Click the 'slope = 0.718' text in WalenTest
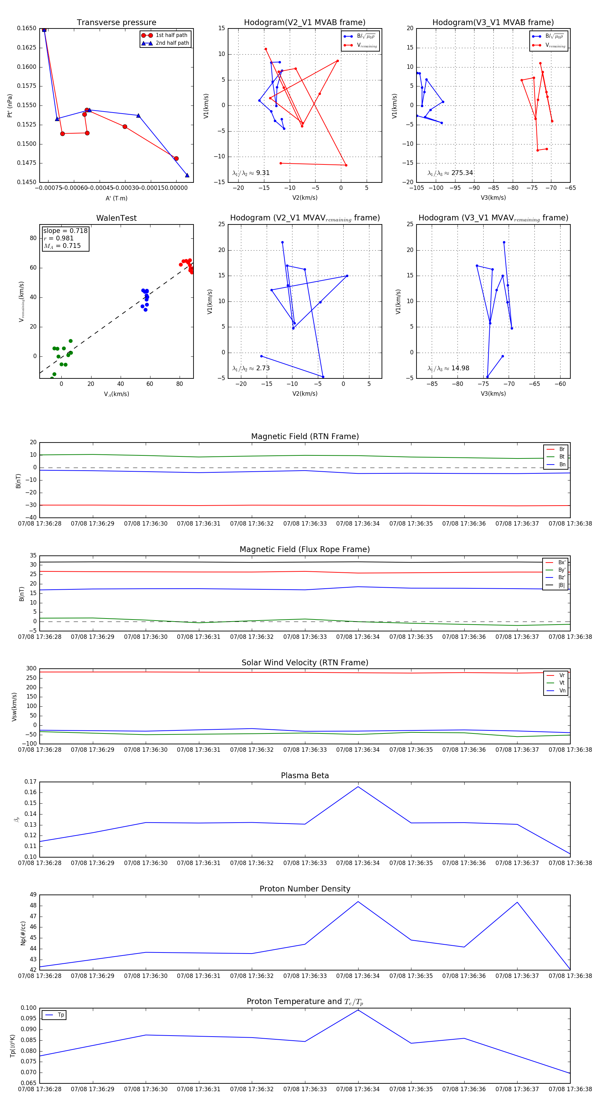pyautogui.click(x=65, y=231)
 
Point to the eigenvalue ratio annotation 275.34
pyautogui.click(x=450, y=173)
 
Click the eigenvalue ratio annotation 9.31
pyautogui.click(x=251, y=173)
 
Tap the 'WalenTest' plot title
pyautogui.click(x=116, y=218)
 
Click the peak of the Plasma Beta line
pyautogui.click(x=358, y=787)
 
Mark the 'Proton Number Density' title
pyautogui.click(x=305, y=889)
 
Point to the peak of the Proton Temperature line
pyautogui.click(x=358, y=1010)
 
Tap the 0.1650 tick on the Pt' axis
pyautogui.click(x=26, y=28)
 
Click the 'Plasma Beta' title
pyautogui.click(x=305, y=776)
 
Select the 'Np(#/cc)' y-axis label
pyautogui.click(x=23, y=933)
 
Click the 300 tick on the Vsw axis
pyautogui.click(x=31, y=669)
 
